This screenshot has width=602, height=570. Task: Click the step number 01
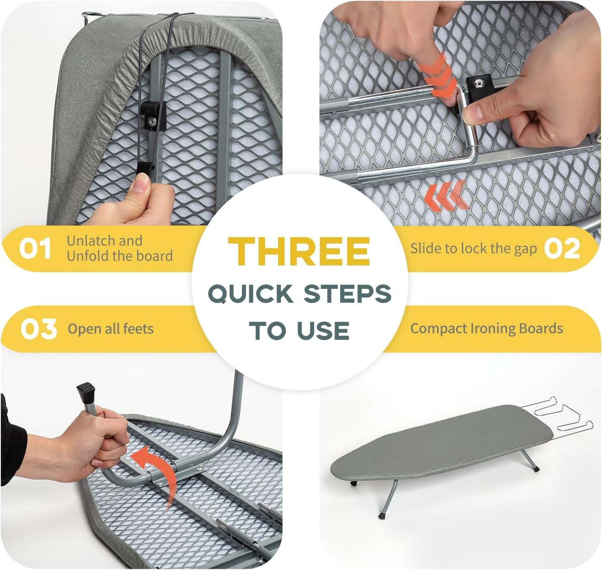pyautogui.click(x=35, y=248)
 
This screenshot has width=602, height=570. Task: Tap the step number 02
pyautogui.click(x=562, y=248)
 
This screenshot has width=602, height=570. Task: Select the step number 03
pyautogui.click(x=39, y=329)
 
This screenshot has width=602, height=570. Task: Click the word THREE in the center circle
pyautogui.click(x=299, y=251)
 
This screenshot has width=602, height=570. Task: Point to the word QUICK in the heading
pyautogui.click(x=250, y=294)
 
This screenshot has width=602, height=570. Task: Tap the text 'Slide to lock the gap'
pyautogui.click(x=473, y=248)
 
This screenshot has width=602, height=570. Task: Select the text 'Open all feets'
pyautogui.click(x=110, y=329)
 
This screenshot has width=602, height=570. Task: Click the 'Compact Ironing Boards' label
pyautogui.click(x=486, y=328)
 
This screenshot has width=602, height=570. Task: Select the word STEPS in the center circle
pyautogui.click(x=347, y=294)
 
